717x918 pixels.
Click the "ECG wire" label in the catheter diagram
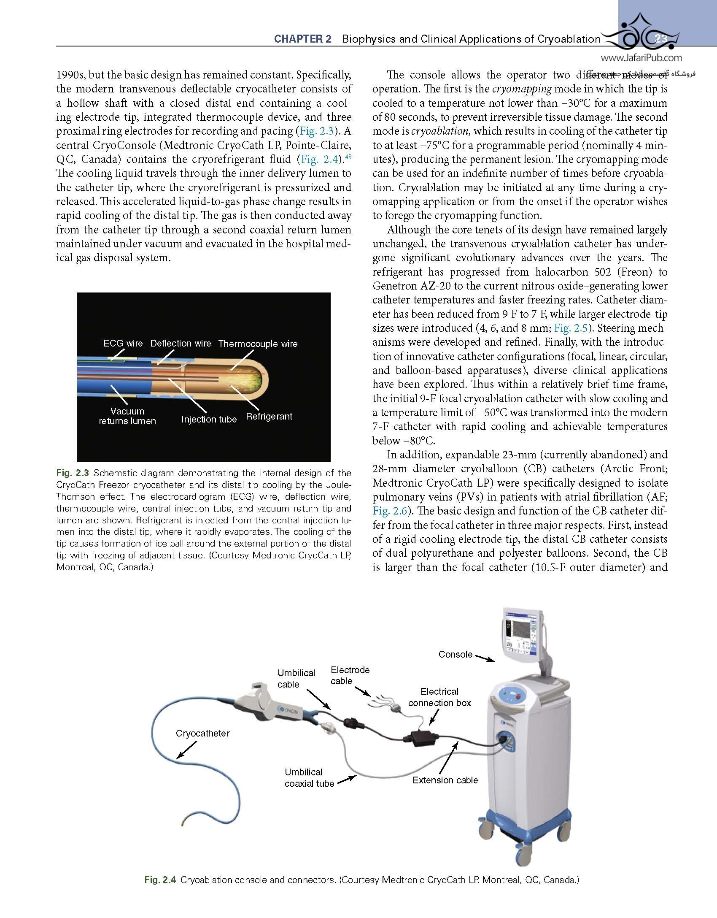pos(123,344)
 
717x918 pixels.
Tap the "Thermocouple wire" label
pos(258,344)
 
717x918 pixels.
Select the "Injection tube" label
pos(209,419)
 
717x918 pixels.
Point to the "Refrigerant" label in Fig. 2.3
pos(269,417)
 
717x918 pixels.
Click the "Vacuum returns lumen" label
pos(127,416)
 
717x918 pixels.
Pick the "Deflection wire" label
pos(181,344)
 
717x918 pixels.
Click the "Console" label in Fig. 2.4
pos(455,654)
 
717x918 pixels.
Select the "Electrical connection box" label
pos(439,697)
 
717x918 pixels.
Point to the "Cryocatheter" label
pos(203,733)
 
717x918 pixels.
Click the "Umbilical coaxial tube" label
pos(309,778)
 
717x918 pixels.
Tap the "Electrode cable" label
pos(350,675)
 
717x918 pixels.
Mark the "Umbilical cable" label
pos(296,679)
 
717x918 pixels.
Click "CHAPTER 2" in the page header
pos(302,39)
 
